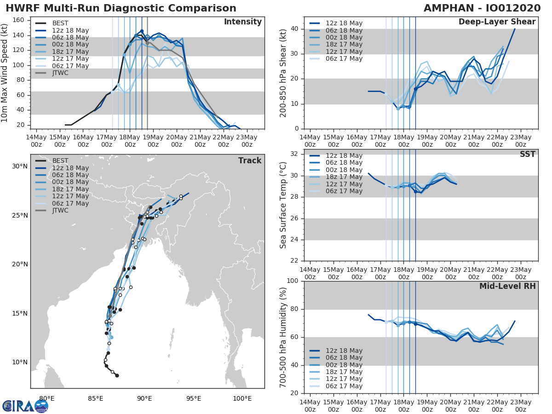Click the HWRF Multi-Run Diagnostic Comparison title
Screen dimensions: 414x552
coord(121,8)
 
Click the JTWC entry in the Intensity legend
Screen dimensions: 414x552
coord(60,73)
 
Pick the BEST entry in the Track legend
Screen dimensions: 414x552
coord(60,161)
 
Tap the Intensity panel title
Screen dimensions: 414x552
coord(242,22)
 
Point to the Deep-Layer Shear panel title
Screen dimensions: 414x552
coord(497,22)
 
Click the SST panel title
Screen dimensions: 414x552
coord(528,154)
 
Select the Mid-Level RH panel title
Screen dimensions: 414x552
coord(507,287)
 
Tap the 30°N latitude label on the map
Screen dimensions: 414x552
coord(20,166)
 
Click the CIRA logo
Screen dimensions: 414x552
coord(25,406)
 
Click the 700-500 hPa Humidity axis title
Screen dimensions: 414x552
coord(283,337)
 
